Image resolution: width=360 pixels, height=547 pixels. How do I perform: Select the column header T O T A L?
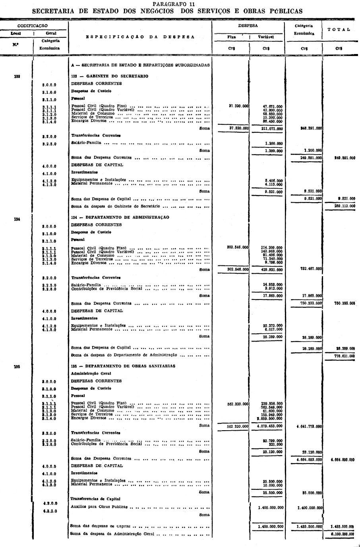click(339, 29)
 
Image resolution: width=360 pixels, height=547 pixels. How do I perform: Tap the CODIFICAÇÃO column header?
click(33, 26)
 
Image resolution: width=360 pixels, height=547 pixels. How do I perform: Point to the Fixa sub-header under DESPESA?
click(231, 37)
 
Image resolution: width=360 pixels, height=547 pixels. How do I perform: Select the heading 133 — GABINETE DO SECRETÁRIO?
click(110, 76)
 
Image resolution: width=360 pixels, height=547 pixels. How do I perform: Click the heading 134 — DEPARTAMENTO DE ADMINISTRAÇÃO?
click(120, 218)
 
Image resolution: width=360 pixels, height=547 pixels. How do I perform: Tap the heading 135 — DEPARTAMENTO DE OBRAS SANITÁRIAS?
click(123, 366)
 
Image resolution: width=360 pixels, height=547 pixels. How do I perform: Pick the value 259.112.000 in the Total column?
click(345, 206)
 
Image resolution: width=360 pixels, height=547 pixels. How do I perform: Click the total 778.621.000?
click(345, 356)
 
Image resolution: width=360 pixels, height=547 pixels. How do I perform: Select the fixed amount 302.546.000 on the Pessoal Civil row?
click(238, 247)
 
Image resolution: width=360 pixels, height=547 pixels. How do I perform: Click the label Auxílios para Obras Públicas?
click(99, 507)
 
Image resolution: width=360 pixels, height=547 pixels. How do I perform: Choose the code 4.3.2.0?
click(50, 511)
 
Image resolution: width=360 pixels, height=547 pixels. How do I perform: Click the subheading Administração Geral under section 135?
click(91, 374)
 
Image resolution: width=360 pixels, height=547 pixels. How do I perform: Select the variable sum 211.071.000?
click(272, 129)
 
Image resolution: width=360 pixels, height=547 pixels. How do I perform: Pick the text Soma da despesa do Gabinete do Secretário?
click(115, 207)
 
